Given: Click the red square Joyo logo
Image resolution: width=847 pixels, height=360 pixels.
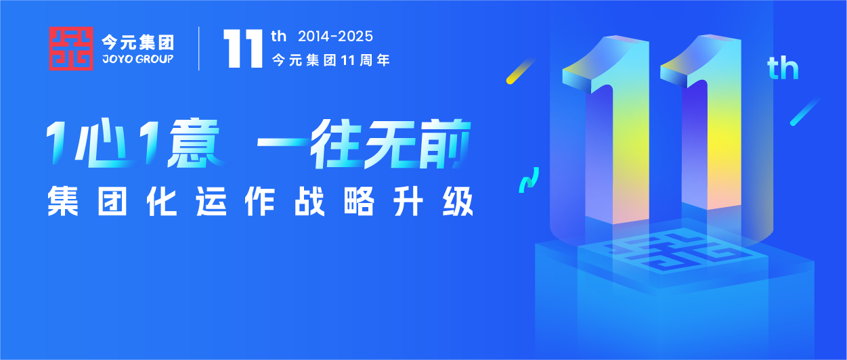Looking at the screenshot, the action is (x=71, y=48).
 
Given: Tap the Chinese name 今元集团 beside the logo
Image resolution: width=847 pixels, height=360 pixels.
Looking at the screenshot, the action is (x=138, y=43).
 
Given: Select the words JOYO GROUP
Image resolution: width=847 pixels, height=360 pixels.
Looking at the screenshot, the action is (x=138, y=59).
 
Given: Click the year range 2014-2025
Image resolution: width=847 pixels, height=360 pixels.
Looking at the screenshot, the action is (x=335, y=37).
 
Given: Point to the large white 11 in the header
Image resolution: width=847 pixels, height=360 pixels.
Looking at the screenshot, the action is (x=243, y=49).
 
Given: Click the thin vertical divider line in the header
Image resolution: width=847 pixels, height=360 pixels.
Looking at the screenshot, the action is (x=199, y=48).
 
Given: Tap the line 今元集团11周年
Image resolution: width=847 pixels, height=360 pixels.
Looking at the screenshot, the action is (x=331, y=60).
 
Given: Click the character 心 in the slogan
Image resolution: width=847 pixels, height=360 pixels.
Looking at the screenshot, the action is (x=102, y=143).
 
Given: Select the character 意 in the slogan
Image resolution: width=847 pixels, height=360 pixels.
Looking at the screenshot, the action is (x=194, y=143).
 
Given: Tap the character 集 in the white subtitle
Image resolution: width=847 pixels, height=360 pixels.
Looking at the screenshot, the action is (x=63, y=201).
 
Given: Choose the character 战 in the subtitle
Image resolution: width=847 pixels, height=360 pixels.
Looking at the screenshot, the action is (x=309, y=201).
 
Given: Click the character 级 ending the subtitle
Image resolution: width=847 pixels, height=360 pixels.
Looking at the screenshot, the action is (x=458, y=201).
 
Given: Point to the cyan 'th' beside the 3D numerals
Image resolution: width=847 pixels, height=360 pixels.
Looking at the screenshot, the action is (x=783, y=68).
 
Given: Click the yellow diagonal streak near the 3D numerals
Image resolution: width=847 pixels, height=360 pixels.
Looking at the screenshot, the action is (x=521, y=71).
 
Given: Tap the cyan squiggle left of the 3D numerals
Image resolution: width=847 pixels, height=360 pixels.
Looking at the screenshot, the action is (x=529, y=180).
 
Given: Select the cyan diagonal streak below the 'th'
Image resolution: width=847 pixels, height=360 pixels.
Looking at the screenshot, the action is (x=804, y=112).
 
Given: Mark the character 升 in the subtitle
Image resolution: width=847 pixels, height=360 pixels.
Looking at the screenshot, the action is (x=408, y=201).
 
